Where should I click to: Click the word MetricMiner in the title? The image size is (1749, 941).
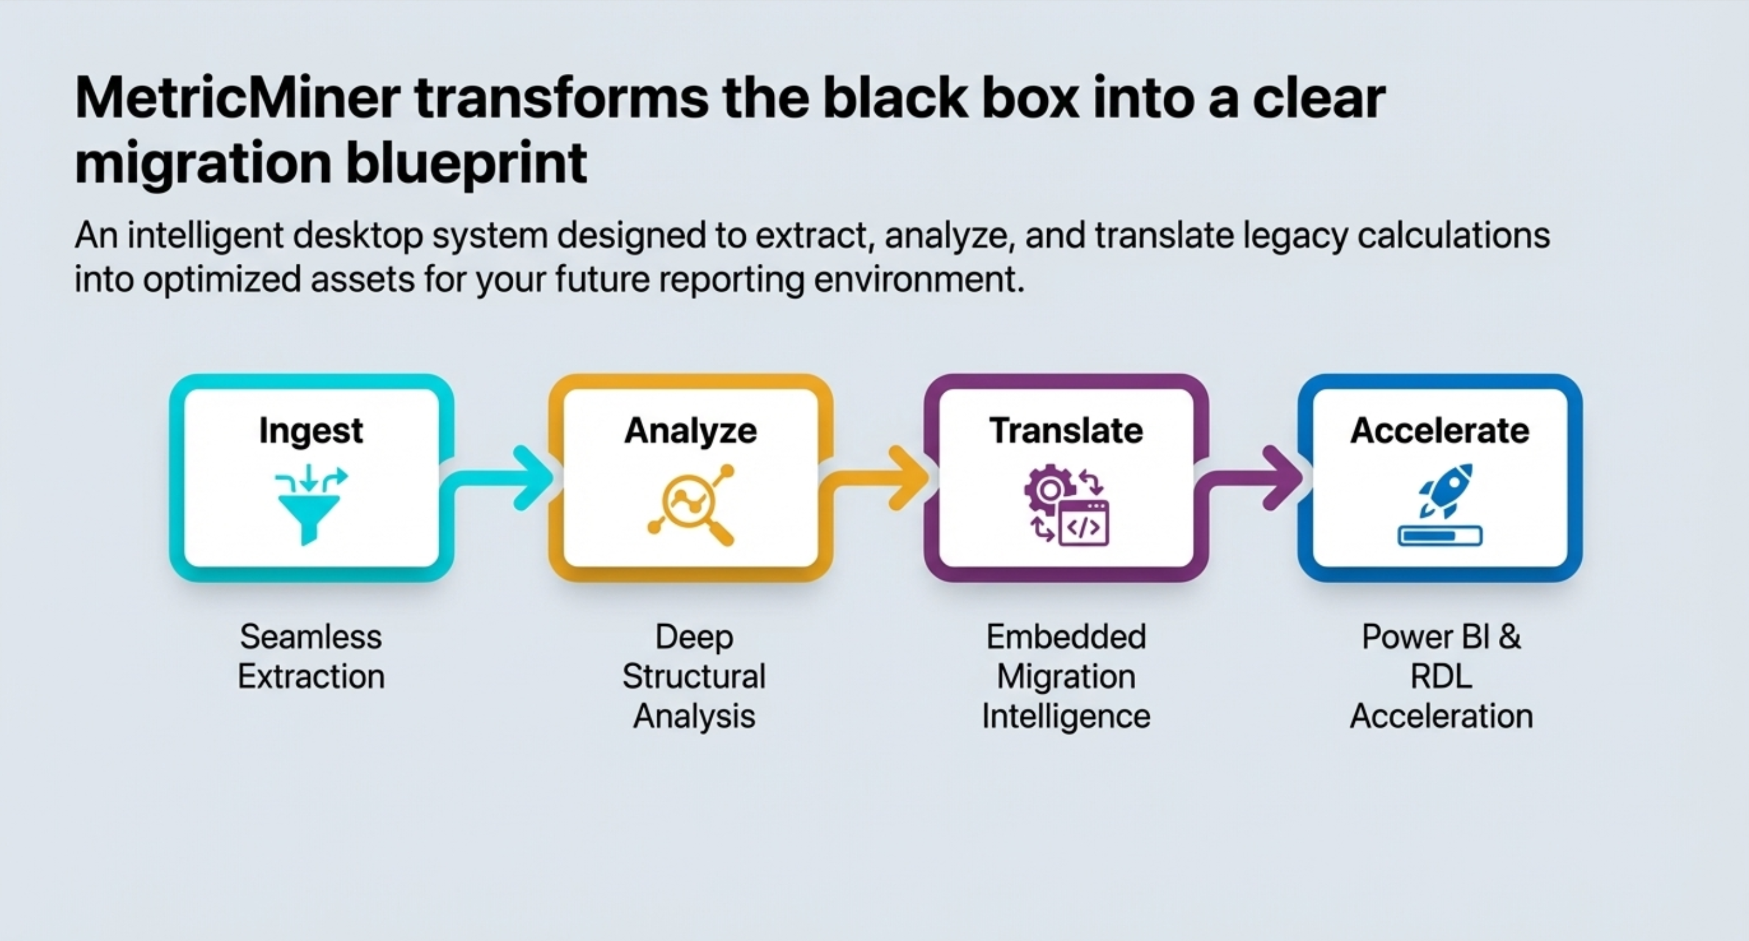(237, 99)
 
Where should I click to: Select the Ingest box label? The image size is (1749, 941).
(311, 431)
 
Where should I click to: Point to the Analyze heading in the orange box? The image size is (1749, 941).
(690, 431)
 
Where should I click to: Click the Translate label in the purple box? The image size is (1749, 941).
(1066, 431)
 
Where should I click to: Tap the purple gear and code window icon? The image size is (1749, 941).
(1066, 504)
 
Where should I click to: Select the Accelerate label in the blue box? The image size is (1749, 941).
(1440, 431)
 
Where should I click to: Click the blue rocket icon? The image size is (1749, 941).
(1446, 489)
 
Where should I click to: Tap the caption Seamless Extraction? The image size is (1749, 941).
(311, 656)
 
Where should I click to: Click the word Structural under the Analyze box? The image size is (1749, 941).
(694, 677)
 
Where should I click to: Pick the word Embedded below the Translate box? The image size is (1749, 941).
(1066, 638)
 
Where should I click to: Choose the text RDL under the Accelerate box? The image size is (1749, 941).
(1441, 677)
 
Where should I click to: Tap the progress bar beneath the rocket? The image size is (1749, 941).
(1440, 536)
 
